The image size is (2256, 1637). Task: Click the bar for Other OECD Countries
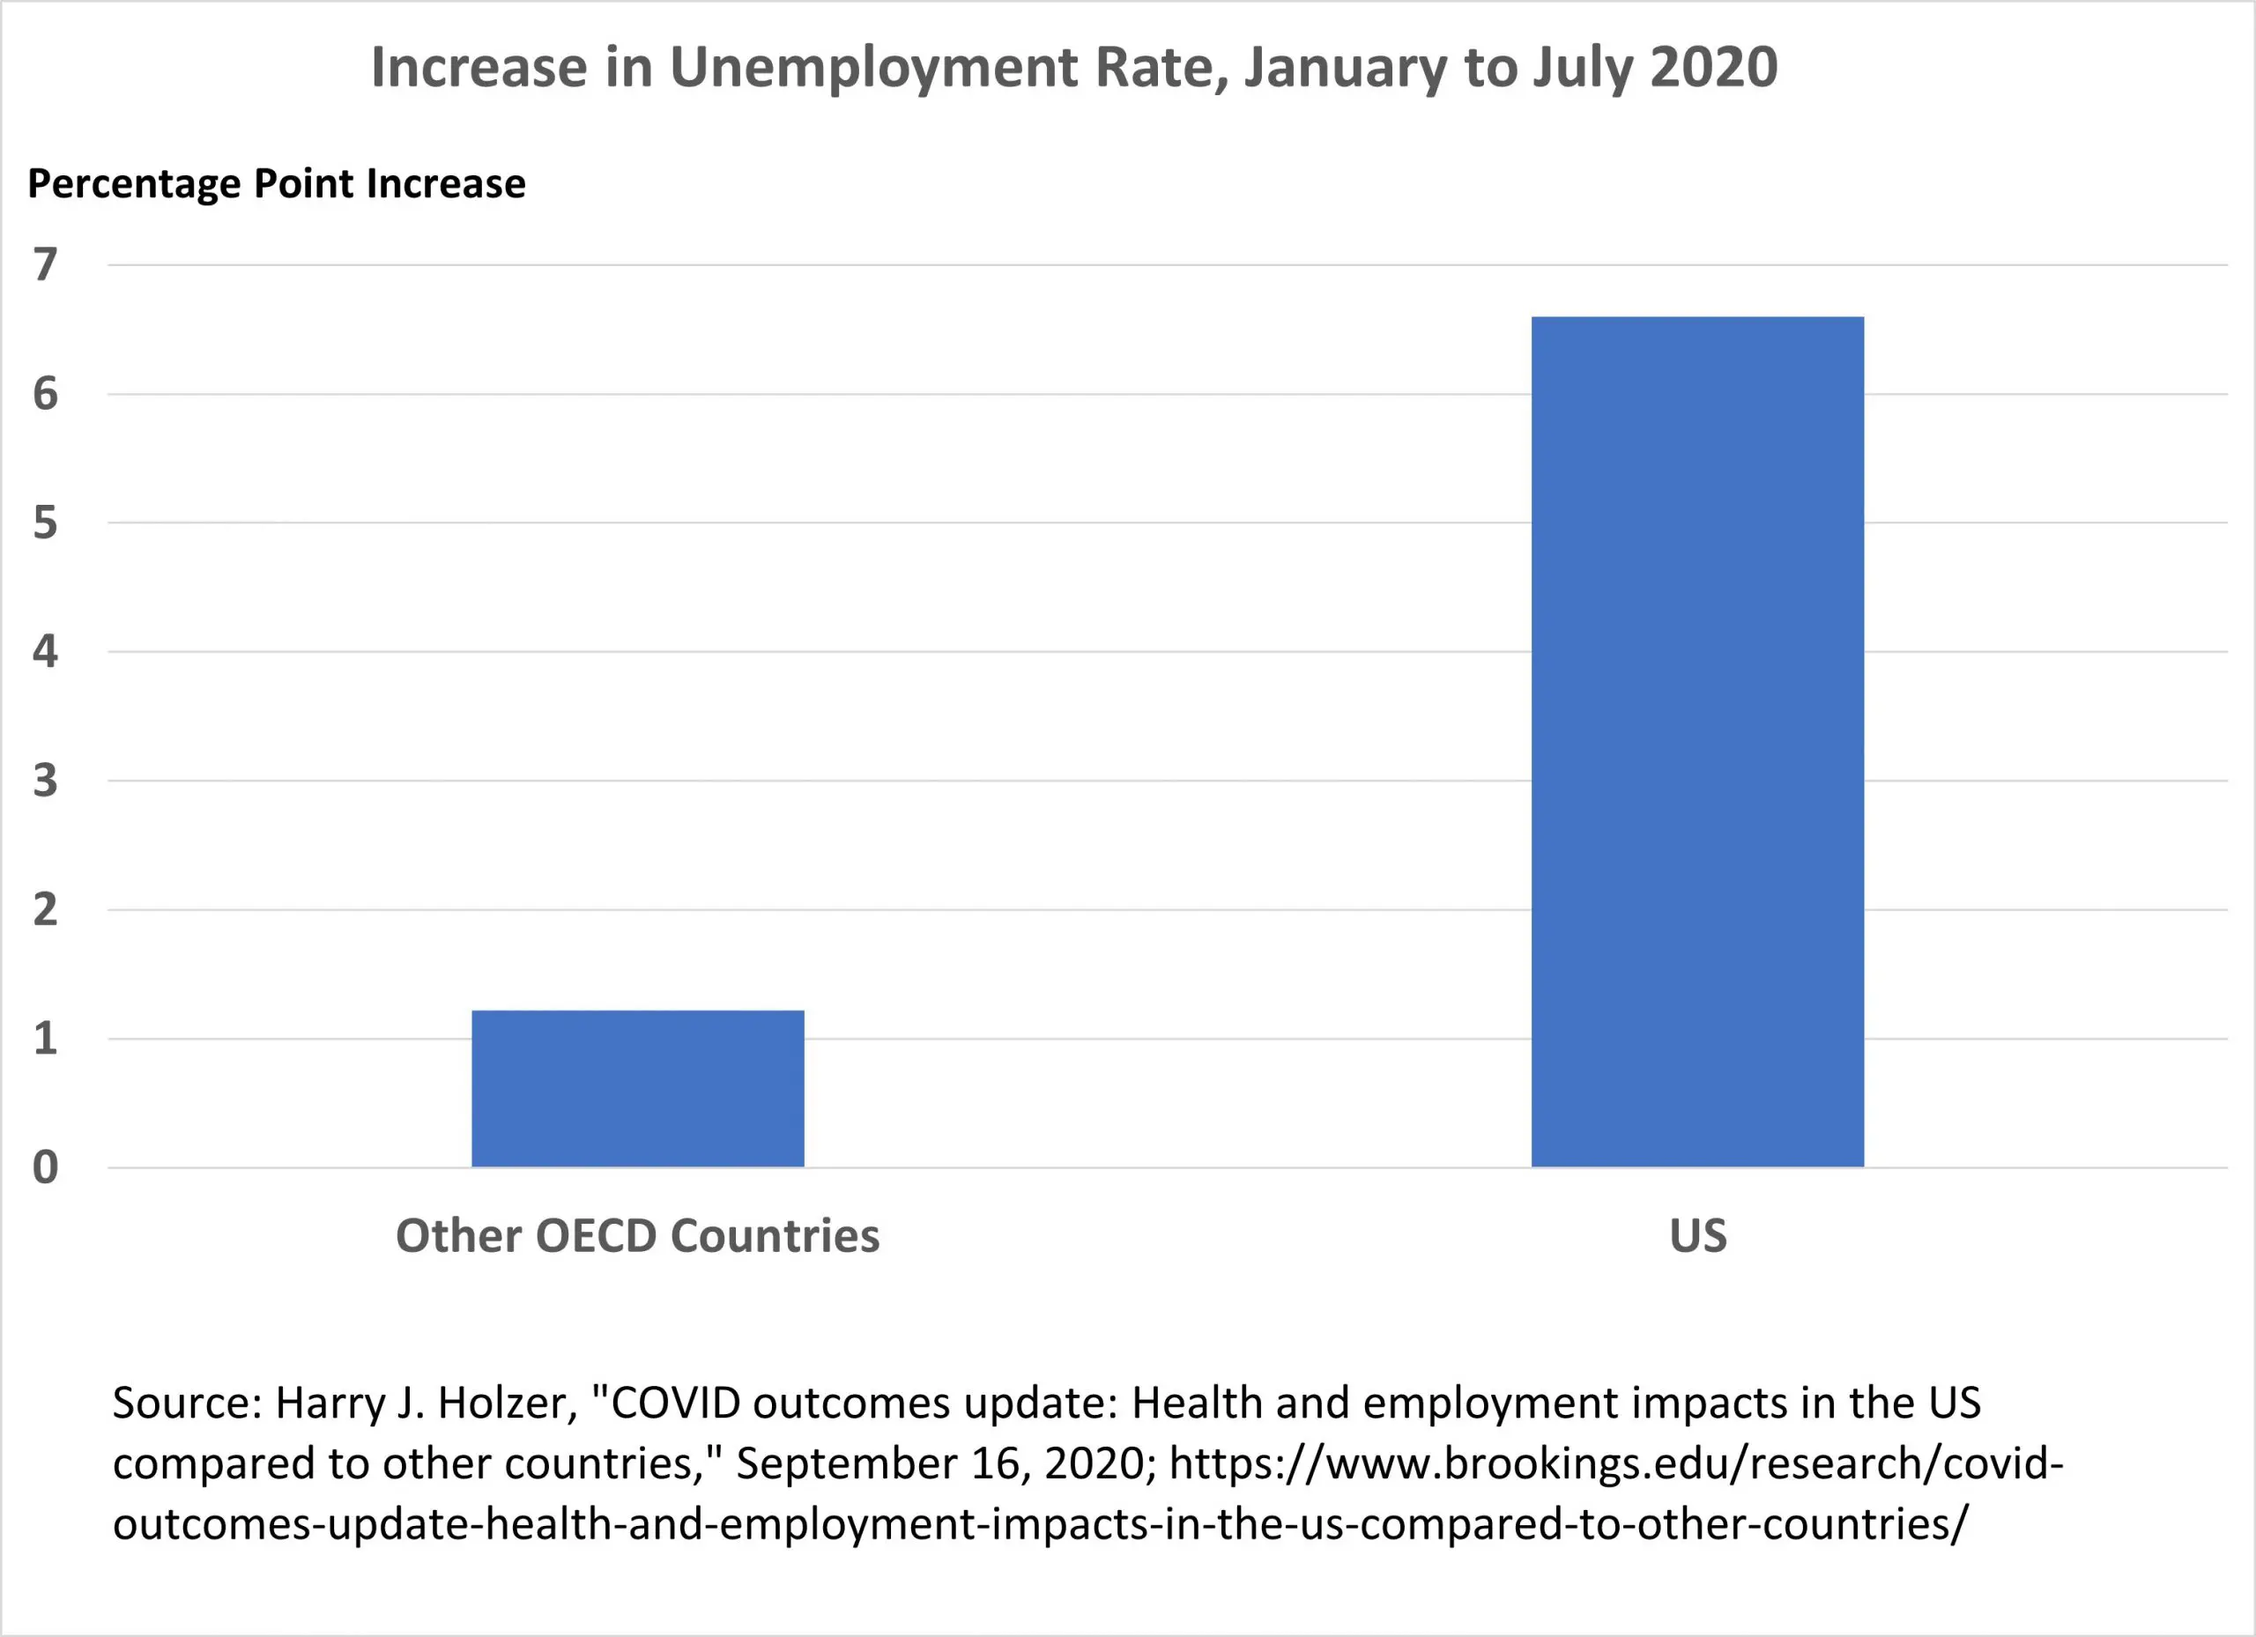click(638, 1088)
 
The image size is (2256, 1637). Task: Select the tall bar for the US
click(1697, 741)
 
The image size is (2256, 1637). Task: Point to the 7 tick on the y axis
click(45, 264)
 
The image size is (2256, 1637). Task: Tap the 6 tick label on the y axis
click(45, 394)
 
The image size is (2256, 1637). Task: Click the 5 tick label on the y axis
click(45, 523)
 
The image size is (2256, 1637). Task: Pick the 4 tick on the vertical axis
click(45, 651)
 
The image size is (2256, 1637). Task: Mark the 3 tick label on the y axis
click(45, 781)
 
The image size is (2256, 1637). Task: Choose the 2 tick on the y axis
click(45, 910)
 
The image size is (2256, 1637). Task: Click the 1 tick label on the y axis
click(45, 1038)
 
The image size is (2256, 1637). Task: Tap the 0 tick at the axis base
click(45, 1167)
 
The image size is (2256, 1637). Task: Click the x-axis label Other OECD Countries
click(638, 1235)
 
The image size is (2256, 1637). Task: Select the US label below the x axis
click(1698, 1235)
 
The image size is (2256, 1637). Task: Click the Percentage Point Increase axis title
click(277, 184)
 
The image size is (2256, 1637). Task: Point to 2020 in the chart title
click(1713, 68)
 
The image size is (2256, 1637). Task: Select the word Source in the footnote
click(186, 1404)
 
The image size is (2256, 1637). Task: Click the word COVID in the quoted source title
click(675, 1404)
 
